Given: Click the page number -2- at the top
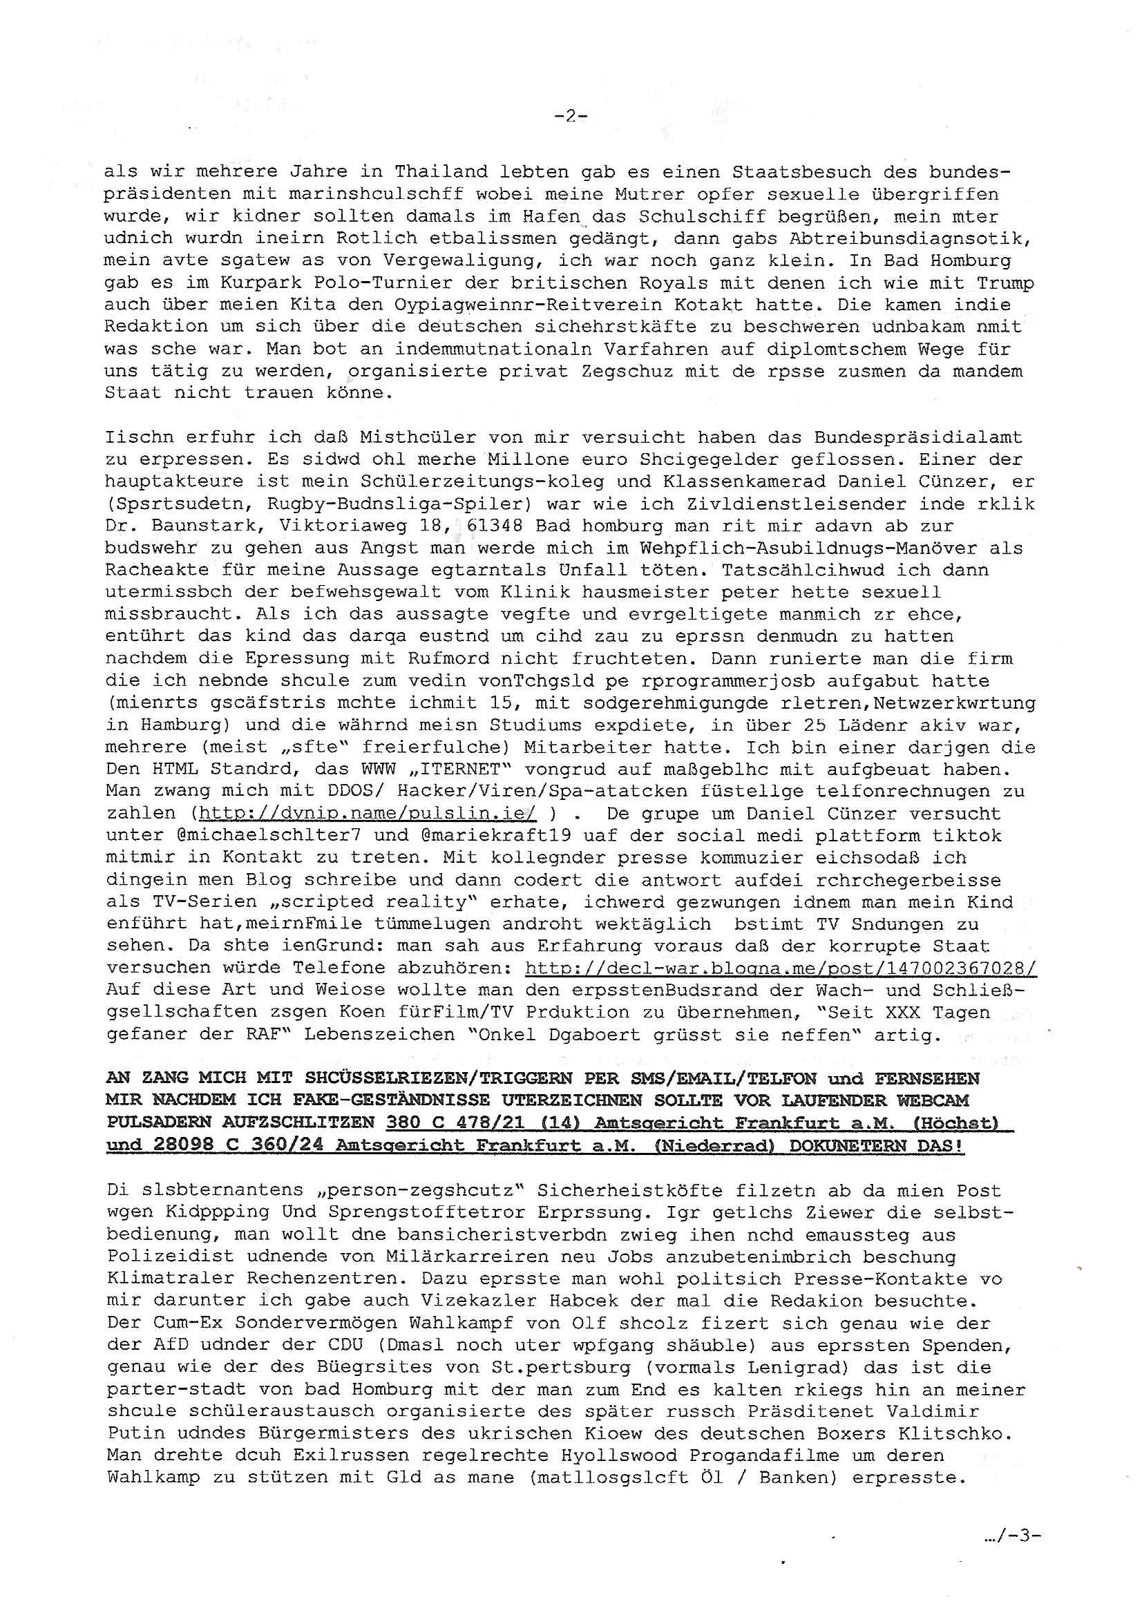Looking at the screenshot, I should [571, 116].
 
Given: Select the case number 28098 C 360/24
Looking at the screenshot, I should [240, 1145].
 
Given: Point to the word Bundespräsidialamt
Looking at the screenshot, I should [917, 437].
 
